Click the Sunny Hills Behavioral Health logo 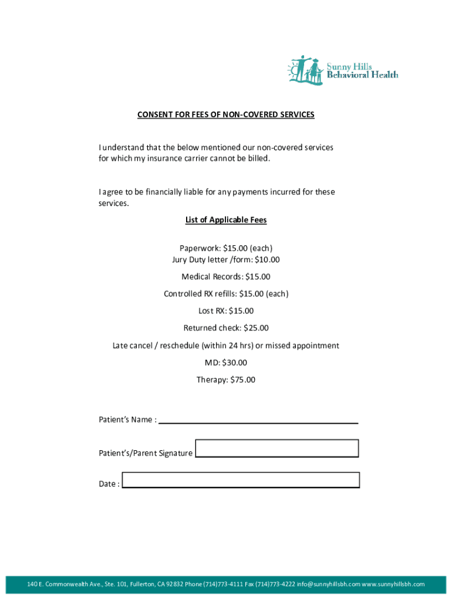point(342,70)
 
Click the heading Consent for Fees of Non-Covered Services point(226,115)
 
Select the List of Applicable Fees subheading point(226,220)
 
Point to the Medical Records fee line point(226,276)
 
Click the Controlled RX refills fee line point(226,293)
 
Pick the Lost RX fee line point(226,310)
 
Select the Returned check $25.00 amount point(256,328)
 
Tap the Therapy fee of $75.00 point(242,380)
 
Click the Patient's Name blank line point(258,419)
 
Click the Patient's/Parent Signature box point(276,448)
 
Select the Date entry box point(241,480)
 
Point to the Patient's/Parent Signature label point(146,453)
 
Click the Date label point(109,484)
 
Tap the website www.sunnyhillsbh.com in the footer point(393,585)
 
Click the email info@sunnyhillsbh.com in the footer point(329,585)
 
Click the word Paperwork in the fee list point(200,248)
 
